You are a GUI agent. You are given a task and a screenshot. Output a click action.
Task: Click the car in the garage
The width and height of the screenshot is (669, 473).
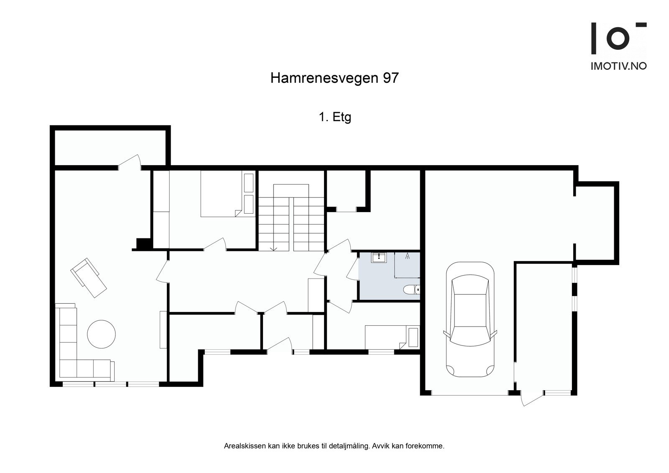[x=470, y=320]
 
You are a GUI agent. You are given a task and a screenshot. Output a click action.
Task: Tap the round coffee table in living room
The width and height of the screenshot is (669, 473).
[x=101, y=334]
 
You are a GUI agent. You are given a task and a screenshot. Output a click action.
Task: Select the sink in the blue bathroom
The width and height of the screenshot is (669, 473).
[x=379, y=257]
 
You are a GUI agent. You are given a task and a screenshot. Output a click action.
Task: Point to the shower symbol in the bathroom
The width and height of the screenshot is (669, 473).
[x=407, y=256]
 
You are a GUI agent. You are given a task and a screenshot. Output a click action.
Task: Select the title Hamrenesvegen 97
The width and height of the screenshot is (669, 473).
[x=334, y=78]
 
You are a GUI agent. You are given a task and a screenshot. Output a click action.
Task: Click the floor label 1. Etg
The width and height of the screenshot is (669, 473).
[x=334, y=118]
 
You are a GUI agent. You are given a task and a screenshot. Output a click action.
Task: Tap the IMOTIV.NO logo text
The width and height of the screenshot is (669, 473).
[x=618, y=66]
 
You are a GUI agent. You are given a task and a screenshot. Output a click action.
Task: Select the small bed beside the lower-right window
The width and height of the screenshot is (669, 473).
[x=387, y=337]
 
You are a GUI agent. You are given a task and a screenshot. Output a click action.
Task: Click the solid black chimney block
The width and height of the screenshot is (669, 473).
[x=143, y=244]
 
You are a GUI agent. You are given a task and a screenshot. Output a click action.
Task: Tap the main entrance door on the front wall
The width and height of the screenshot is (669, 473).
[x=279, y=345]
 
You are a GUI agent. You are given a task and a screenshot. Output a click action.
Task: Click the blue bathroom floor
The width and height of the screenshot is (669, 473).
[x=376, y=284]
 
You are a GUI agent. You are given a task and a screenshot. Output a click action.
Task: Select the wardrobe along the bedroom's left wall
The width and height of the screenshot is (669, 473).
[x=161, y=209]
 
